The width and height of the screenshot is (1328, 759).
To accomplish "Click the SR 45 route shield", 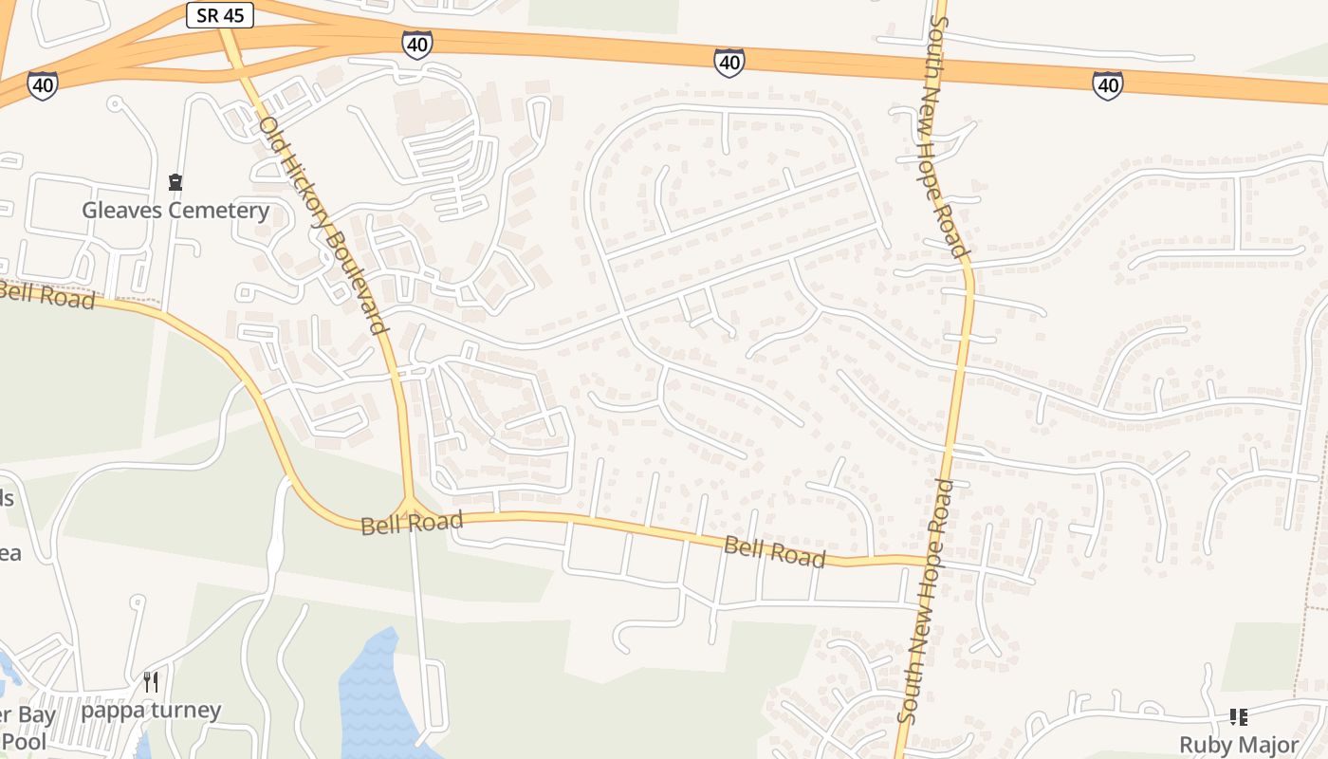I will [x=219, y=15].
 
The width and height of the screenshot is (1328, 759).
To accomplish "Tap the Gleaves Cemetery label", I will [x=175, y=211].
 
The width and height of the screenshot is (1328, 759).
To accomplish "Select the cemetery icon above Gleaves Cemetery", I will [x=175, y=181].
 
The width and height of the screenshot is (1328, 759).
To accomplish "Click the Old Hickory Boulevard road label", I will [x=323, y=224].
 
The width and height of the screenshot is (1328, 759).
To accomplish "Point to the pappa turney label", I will [x=151, y=710].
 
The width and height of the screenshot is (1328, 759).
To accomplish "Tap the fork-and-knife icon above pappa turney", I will [x=151, y=680].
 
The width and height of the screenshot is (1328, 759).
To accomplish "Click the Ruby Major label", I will [x=1239, y=745].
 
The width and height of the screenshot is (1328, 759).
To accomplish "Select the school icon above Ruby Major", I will [x=1239, y=716].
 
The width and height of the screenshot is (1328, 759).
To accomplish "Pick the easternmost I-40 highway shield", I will [x=1107, y=85].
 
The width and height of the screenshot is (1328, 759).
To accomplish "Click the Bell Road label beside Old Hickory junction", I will [x=412, y=522].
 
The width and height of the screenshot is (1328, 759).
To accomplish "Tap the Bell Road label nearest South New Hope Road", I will [x=774, y=550].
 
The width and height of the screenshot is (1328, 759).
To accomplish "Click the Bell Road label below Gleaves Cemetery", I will [x=47, y=294].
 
